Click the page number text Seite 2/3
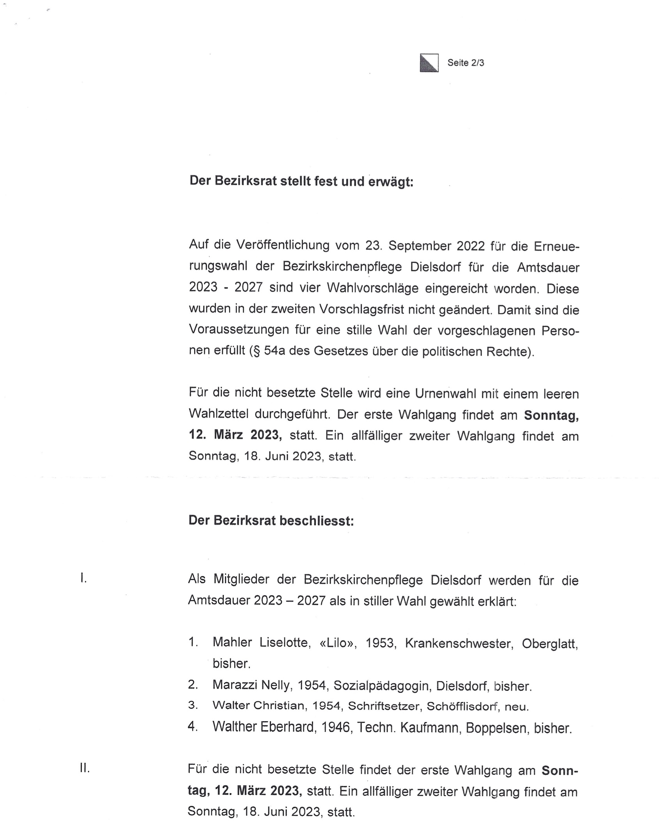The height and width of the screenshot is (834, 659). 466,63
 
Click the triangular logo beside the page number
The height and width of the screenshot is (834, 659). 429,63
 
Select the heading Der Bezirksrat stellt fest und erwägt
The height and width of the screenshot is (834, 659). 301,181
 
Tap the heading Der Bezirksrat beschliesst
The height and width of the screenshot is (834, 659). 271,521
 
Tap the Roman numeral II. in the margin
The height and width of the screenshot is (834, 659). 85,768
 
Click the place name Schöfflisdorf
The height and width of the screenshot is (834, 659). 462,706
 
